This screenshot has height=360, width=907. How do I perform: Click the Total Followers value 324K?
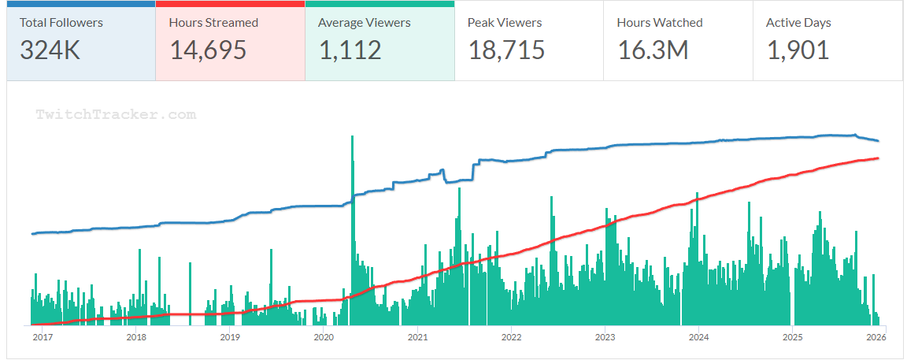pos(50,50)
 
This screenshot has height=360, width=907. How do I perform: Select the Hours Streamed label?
pos(213,23)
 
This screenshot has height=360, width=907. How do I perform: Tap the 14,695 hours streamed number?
pos(208,50)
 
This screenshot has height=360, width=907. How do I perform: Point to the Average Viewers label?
pos(364,23)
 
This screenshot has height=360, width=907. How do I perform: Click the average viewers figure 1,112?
pos(350,50)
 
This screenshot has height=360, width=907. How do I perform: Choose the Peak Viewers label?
pos(505,23)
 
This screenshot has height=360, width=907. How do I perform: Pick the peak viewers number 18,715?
pos(506,50)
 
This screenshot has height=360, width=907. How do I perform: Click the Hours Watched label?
pos(660,23)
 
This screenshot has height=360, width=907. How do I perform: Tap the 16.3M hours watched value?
pos(653,50)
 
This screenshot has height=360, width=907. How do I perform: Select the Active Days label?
pos(798,23)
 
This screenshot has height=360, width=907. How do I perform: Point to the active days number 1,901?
pos(798,50)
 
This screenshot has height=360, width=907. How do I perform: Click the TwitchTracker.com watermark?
pos(116,115)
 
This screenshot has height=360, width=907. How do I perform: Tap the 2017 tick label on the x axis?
pos(43,338)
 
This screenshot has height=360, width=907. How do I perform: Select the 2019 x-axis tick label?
pos(230,338)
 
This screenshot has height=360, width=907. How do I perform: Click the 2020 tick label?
pos(324,338)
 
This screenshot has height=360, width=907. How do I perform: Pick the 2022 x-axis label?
pos(511,338)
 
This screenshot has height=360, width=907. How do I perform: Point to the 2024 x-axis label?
pos(698,338)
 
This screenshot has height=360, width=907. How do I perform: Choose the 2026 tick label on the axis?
pos(876,338)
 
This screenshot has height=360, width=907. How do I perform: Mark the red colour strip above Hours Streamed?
pos(230,4)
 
